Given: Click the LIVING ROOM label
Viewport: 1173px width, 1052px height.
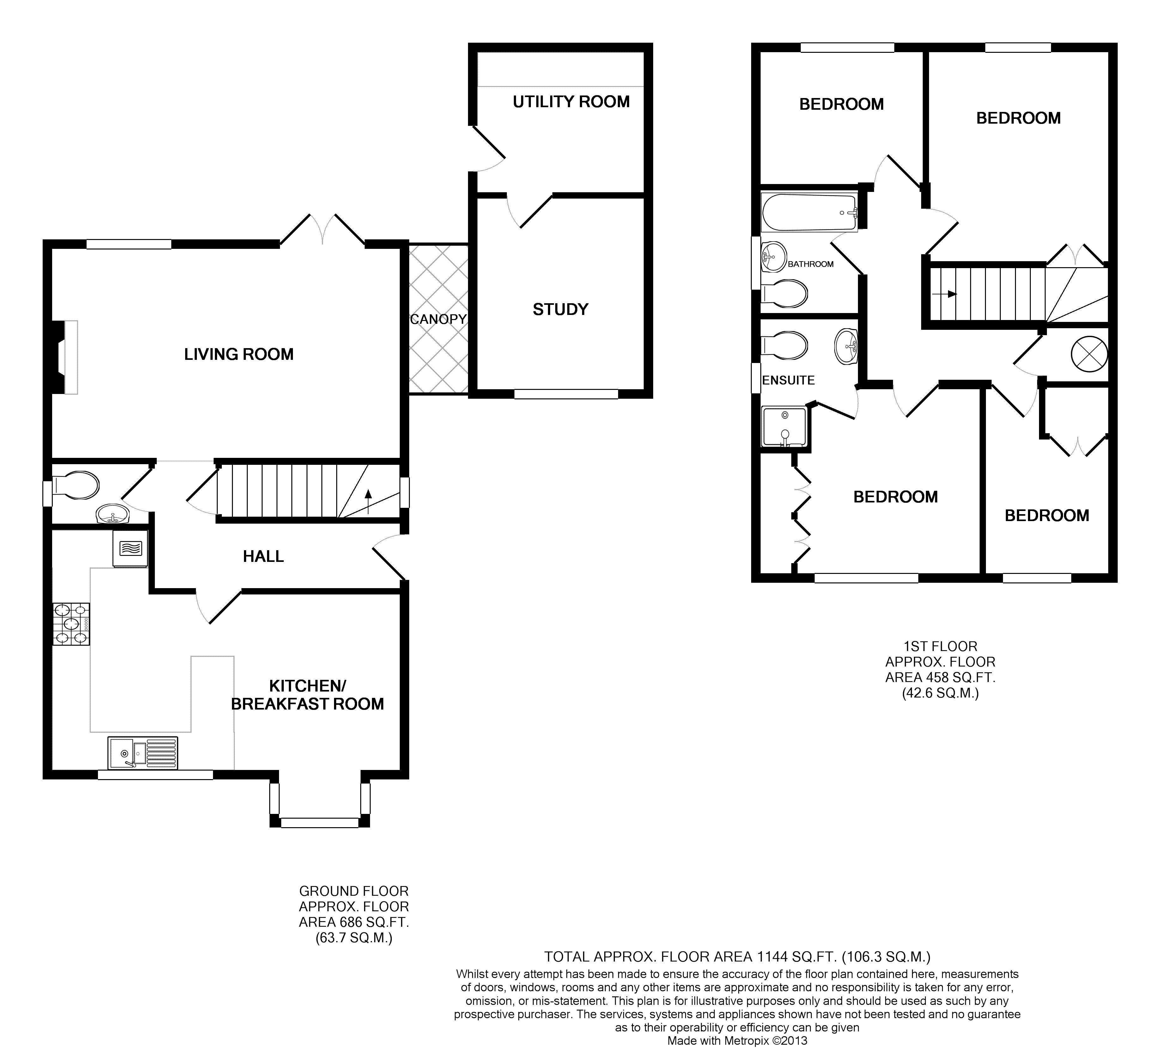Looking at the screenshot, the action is click(x=239, y=354).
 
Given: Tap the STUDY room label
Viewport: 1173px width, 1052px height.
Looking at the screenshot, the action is click(x=560, y=310).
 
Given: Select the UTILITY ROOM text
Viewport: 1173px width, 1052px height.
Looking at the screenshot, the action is click(x=571, y=102).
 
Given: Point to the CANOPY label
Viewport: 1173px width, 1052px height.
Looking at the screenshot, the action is click(x=438, y=319).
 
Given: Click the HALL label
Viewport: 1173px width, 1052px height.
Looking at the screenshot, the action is click(x=263, y=557).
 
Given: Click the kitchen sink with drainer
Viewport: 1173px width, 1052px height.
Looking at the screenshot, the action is click(x=143, y=753).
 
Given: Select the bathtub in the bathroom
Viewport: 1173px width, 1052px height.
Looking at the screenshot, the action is click(x=809, y=212).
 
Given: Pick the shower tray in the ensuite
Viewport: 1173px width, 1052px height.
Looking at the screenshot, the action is click(x=784, y=427).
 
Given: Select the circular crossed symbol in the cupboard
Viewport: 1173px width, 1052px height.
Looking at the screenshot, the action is click(x=1089, y=354).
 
